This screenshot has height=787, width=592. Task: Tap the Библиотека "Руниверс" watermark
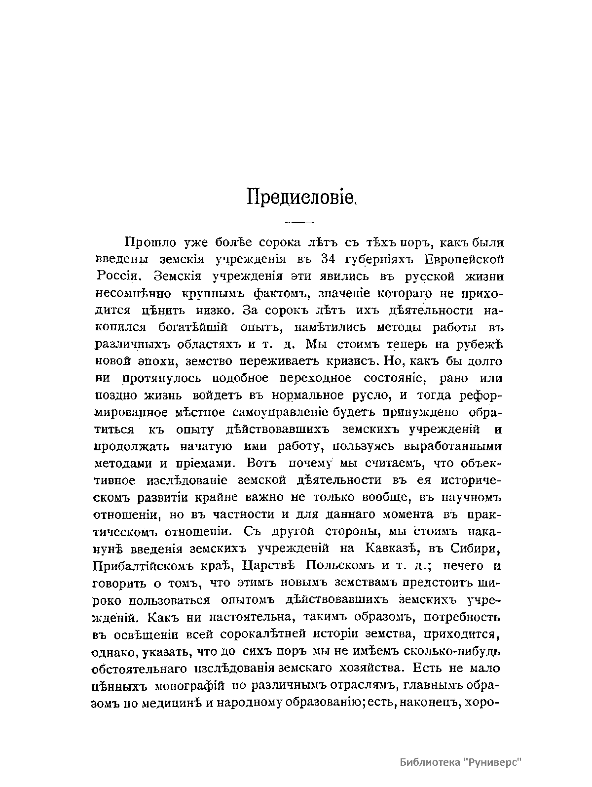[x=460, y=762]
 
